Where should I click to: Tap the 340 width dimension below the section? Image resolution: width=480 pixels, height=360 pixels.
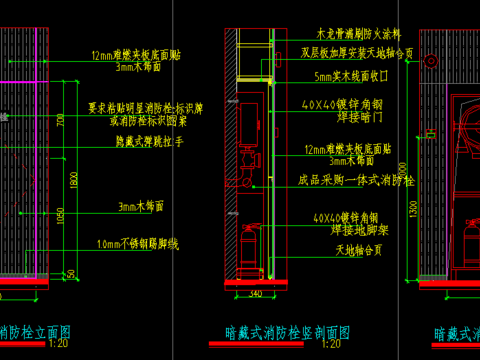[255, 292]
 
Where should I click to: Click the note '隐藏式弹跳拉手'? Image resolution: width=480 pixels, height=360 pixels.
[149, 143]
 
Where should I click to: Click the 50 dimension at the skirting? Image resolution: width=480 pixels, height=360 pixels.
[71, 274]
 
